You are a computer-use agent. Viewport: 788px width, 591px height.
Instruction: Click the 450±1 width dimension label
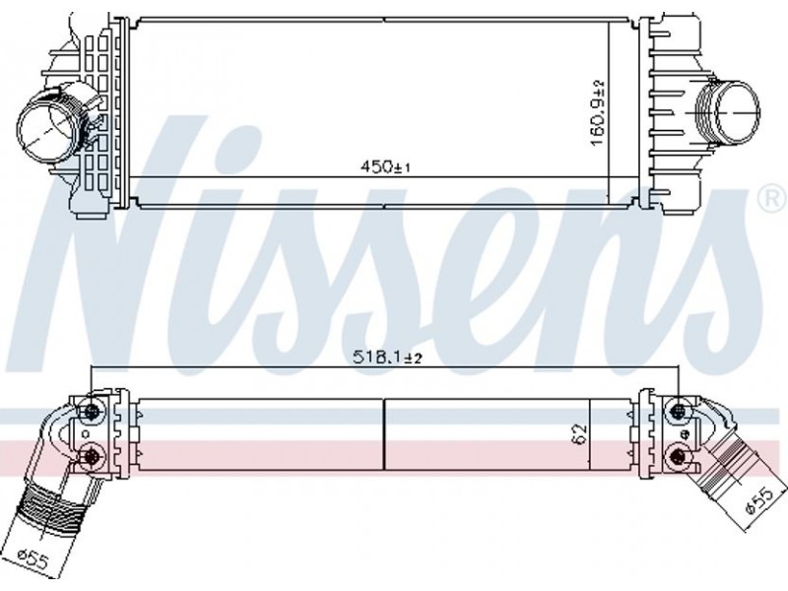pyautogui.click(x=385, y=166)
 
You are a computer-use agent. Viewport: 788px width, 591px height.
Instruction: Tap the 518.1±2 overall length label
pyautogui.click(x=387, y=358)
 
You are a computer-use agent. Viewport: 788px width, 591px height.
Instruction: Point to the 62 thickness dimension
pyautogui.click(x=580, y=434)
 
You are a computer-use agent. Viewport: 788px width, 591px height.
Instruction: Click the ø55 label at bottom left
pyautogui.click(x=33, y=560)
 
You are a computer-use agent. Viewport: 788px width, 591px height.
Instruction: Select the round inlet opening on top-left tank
pyautogui.click(x=48, y=127)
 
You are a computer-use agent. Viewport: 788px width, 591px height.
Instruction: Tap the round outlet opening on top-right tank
pyautogui.click(x=737, y=112)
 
